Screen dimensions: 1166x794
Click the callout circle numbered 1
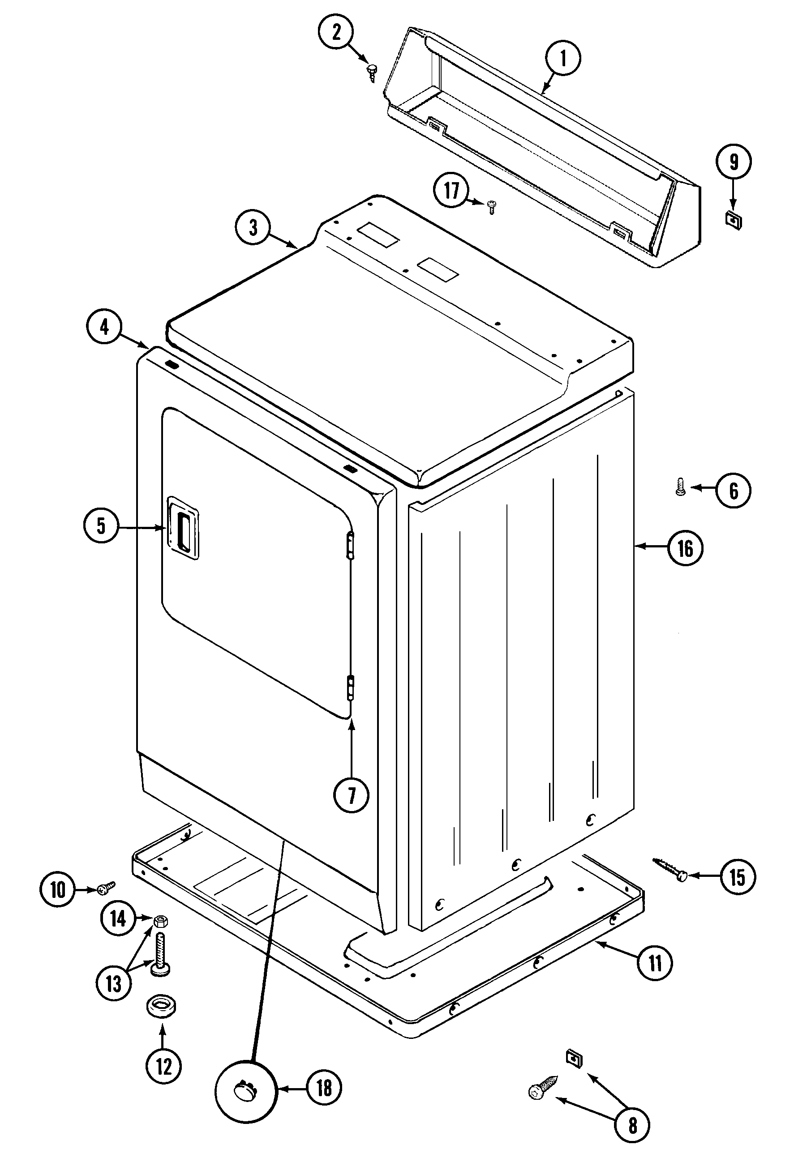point(562,58)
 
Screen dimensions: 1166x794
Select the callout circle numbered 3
point(253,227)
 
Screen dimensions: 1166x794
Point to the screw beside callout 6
point(681,487)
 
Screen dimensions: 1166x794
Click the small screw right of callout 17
point(491,206)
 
